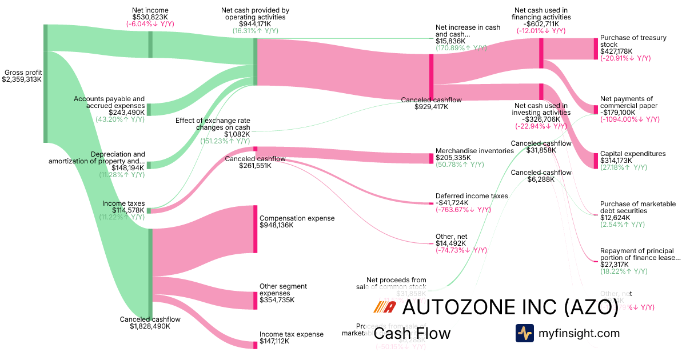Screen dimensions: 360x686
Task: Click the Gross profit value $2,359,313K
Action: click(22, 80)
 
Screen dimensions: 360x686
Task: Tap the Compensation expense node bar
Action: click(256, 229)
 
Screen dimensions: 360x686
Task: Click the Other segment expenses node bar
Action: click(256, 300)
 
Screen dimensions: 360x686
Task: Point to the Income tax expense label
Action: click(291, 334)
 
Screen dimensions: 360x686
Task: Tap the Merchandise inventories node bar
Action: click(432, 158)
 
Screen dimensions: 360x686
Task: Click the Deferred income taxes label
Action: click(472, 196)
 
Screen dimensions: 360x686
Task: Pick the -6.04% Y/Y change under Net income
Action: click(150, 24)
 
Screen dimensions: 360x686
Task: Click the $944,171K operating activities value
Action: click(255, 24)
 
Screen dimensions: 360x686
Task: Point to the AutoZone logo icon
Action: click(384, 307)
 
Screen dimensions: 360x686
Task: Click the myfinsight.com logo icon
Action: click(524, 333)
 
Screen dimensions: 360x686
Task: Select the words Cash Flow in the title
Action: click(412, 333)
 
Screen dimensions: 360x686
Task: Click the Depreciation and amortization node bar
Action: click(149, 165)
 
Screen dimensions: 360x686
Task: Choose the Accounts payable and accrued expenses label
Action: click(109, 102)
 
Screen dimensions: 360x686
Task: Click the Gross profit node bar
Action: click(46, 83)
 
